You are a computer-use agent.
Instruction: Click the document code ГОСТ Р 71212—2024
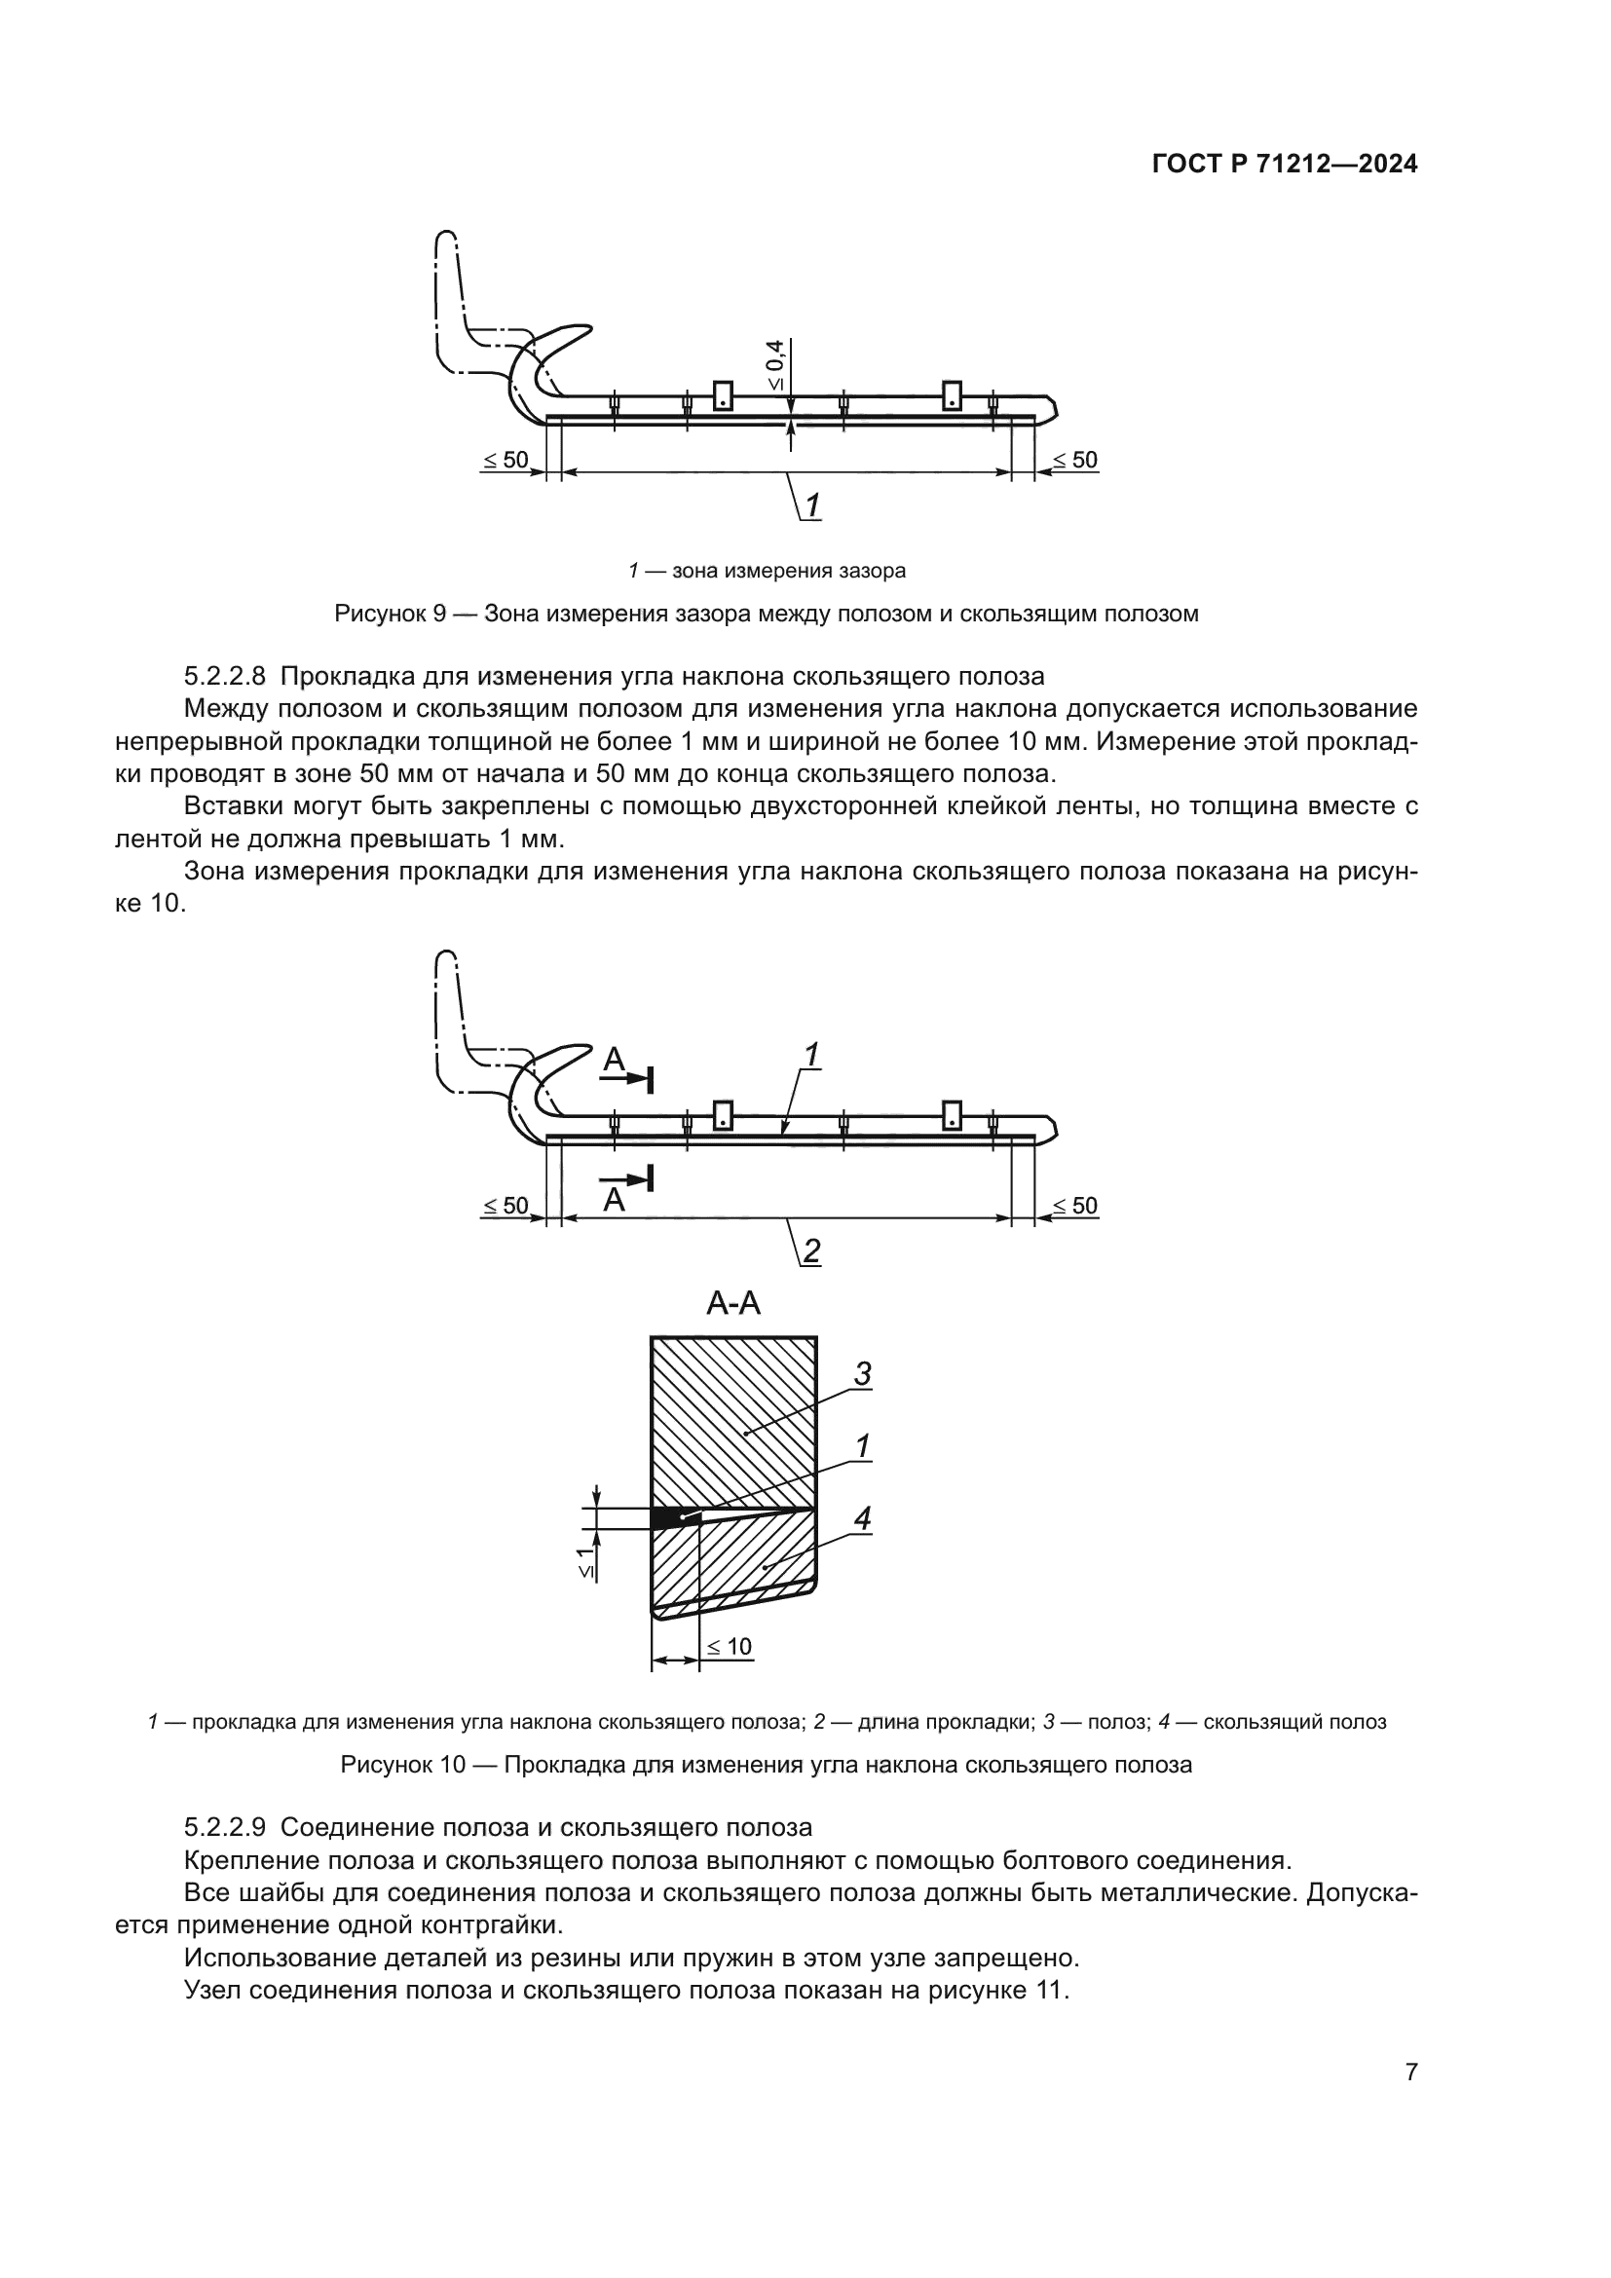coord(1285,165)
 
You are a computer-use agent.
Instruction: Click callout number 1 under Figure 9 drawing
coord(812,506)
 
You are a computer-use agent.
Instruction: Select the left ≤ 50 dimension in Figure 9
coord(506,461)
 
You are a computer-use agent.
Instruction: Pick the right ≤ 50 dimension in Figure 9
coord(1074,461)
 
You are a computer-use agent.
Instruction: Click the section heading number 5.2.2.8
coord(225,677)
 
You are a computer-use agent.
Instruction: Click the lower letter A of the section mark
coord(614,1201)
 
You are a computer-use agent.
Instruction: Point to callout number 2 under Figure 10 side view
coord(811,1251)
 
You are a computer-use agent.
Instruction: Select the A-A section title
coord(733,1303)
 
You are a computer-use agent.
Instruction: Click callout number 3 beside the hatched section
coord(862,1374)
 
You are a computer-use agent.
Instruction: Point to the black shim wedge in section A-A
coord(670,1517)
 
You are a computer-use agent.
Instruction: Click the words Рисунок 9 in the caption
coord(390,615)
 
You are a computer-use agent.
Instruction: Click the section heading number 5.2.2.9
coord(225,1827)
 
